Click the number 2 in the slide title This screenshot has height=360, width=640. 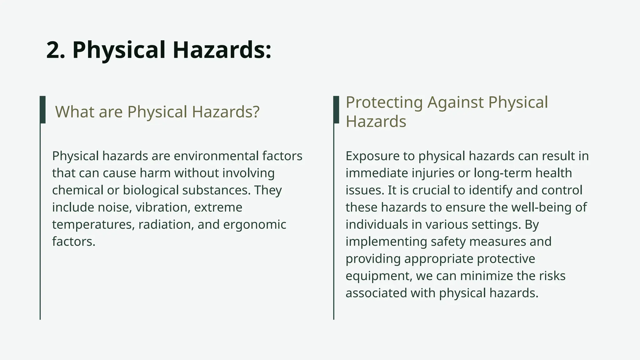55,50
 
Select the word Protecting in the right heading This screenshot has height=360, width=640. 384,102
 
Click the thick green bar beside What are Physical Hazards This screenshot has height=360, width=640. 43,110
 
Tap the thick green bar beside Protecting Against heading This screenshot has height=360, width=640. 336,110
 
